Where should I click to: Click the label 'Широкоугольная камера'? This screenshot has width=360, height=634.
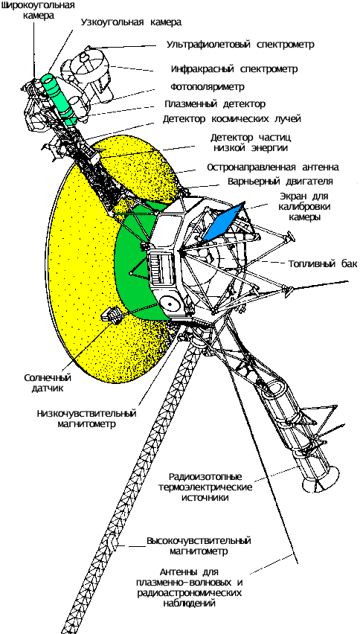pyautogui.click(x=38, y=11)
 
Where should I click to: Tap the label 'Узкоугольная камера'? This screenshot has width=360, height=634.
pyautogui.click(x=131, y=22)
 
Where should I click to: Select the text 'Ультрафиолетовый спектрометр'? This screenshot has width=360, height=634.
pyautogui.click(x=240, y=45)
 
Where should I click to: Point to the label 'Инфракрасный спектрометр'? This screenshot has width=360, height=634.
pyautogui.click(x=234, y=69)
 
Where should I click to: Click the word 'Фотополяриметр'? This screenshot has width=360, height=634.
pyautogui.click(x=207, y=87)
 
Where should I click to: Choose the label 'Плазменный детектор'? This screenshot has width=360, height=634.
pyautogui.click(x=215, y=104)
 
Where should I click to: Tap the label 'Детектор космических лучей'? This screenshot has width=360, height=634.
pyautogui.click(x=232, y=119)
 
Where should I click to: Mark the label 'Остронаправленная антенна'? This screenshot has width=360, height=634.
pyautogui.click(x=272, y=167)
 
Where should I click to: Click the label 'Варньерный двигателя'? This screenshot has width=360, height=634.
pyautogui.click(x=280, y=182)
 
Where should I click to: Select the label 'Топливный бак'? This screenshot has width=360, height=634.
pyautogui.click(x=323, y=264)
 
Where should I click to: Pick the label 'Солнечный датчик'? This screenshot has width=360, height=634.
pyautogui.click(x=48, y=383)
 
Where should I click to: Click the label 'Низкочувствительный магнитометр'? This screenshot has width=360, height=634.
pyautogui.click(x=86, y=419)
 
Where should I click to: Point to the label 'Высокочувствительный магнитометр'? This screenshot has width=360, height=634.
pyautogui.click(x=199, y=546)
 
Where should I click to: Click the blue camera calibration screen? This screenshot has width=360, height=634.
pyautogui.click(x=224, y=222)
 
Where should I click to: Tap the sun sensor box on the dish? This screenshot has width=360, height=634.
pyautogui.click(x=114, y=315)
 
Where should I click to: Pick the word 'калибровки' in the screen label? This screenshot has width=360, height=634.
pyautogui.click(x=303, y=207)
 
